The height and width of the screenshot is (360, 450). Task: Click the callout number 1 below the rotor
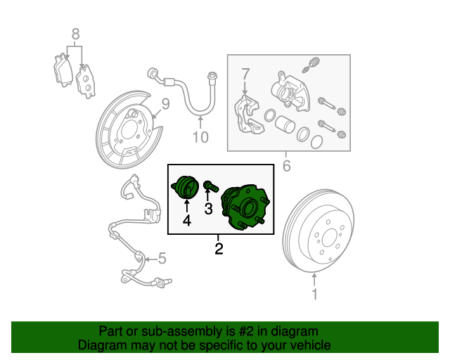point(314,295)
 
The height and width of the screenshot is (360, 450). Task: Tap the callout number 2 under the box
point(219,248)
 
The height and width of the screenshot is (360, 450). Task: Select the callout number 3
point(208,208)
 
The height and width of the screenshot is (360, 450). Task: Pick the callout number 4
point(186,221)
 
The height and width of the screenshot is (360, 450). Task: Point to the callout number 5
point(162,259)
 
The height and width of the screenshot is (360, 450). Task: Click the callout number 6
point(286,167)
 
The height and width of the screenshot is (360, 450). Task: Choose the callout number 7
point(245,73)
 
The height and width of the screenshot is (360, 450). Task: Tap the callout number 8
point(75,33)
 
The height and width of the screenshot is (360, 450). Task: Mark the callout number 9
point(166,104)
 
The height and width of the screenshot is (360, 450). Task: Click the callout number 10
point(200,137)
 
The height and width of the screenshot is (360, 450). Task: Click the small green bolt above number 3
point(210,186)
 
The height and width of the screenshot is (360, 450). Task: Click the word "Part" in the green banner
point(112,330)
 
